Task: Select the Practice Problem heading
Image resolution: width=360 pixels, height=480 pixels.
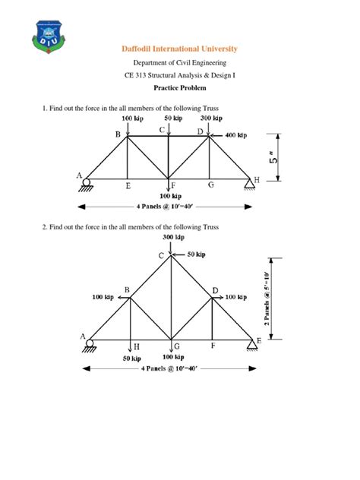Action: pyautogui.click(x=180, y=87)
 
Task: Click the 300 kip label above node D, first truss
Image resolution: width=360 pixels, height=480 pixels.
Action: pyautogui.click(x=211, y=119)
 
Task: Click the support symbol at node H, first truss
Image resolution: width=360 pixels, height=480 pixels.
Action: pyautogui.click(x=249, y=184)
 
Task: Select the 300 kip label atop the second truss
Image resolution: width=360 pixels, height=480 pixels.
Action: pyautogui.click(x=173, y=238)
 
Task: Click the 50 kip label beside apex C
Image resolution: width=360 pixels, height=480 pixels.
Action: pyautogui.click(x=195, y=254)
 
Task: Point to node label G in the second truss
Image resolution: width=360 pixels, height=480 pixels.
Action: pyautogui.click(x=175, y=346)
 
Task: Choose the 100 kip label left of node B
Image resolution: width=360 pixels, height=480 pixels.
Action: pyautogui.click(x=103, y=297)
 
